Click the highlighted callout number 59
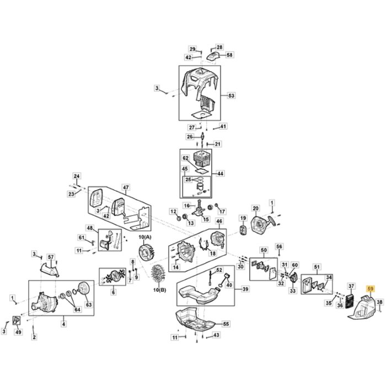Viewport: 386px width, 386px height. tap(370, 288)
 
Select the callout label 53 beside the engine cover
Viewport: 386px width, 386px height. tap(231, 96)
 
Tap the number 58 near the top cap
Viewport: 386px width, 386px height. tap(230, 55)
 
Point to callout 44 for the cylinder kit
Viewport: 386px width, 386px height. tap(221, 173)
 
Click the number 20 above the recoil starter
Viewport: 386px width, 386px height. tap(255, 208)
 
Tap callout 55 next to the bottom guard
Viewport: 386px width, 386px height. tap(226, 324)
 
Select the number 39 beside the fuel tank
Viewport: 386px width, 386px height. tap(245, 289)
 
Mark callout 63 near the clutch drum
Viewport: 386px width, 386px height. tap(89, 304)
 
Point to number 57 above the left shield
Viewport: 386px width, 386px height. tap(51, 258)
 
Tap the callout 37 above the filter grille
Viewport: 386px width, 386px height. tap(351, 286)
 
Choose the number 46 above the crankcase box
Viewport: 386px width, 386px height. tap(219, 222)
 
